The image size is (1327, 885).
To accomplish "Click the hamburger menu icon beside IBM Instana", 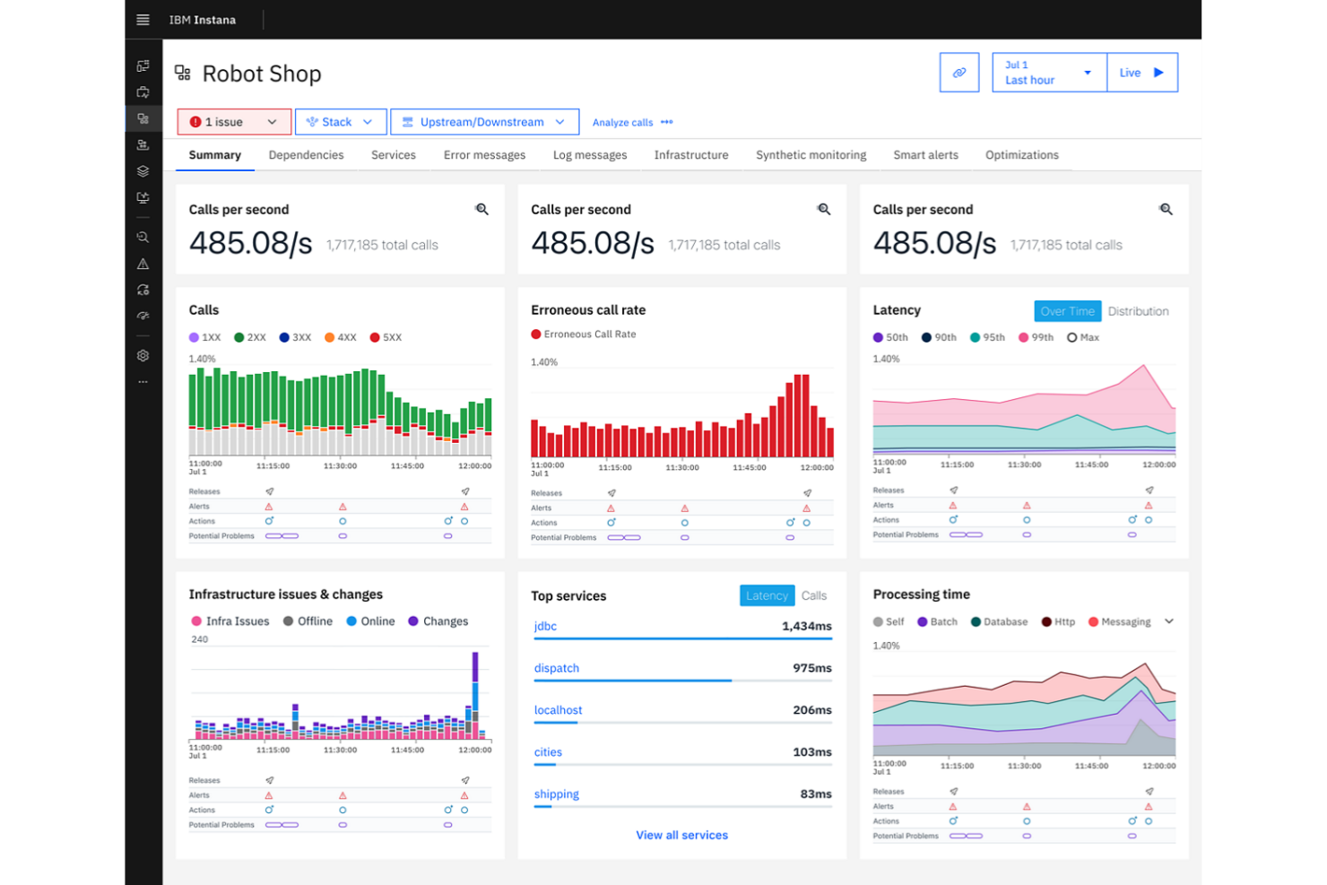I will pyautogui.click(x=143, y=20).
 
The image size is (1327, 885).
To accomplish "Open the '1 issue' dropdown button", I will pyautogui.click(x=234, y=122).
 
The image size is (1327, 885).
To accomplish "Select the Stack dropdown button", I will pyautogui.click(x=340, y=122).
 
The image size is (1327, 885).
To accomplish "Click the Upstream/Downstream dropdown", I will pyautogui.click(x=484, y=122).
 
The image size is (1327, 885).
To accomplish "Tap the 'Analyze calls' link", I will pyautogui.click(x=623, y=123).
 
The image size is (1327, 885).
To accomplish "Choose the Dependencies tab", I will pyautogui.click(x=306, y=155).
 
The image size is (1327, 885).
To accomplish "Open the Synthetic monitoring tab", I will pyautogui.click(x=811, y=155).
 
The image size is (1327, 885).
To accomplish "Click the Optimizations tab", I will pyautogui.click(x=1021, y=155).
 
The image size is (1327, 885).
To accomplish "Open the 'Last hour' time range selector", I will pyautogui.click(x=1048, y=73).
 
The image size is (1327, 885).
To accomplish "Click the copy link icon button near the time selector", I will pyautogui.click(x=959, y=73).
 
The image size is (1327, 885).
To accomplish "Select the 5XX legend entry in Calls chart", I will pyautogui.click(x=386, y=338).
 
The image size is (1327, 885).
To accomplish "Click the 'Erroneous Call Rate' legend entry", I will pyautogui.click(x=584, y=334).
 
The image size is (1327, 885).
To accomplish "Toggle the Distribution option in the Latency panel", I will pyautogui.click(x=1138, y=311).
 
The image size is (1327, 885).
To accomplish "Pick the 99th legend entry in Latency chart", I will pyautogui.click(x=1036, y=338).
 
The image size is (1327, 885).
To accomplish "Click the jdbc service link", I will pyautogui.click(x=545, y=626).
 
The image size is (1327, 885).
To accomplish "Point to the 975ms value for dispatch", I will pyautogui.click(x=811, y=668).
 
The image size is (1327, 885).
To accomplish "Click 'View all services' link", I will pyautogui.click(x=681, y=835).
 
